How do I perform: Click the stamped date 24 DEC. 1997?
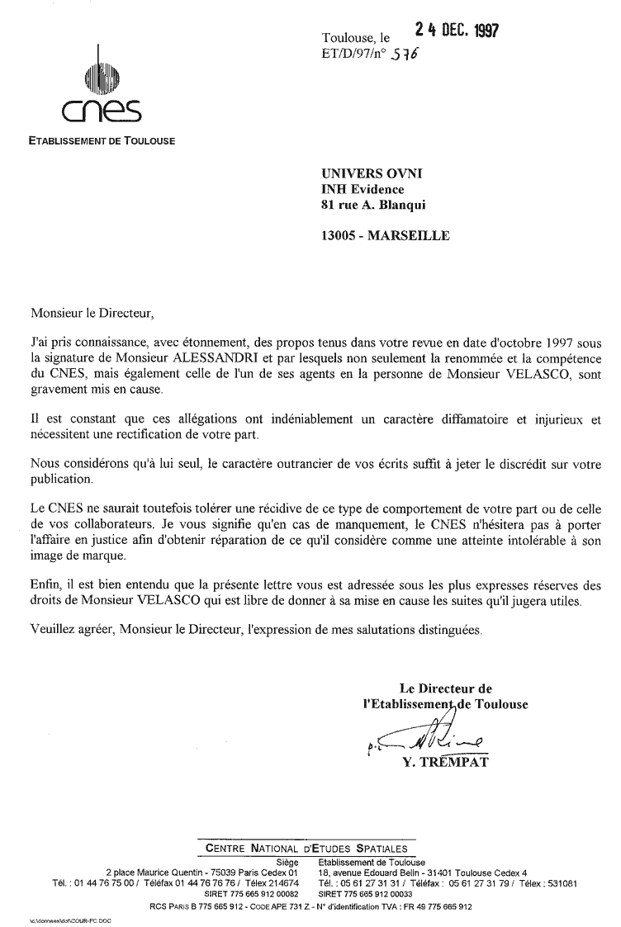[457, 30]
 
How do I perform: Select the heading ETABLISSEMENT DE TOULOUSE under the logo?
[102, 141]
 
